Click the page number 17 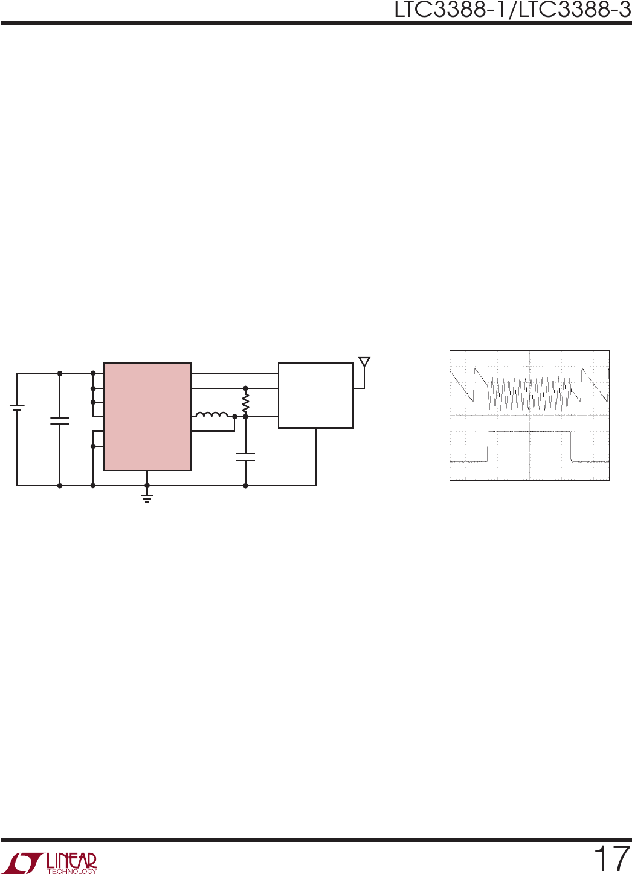[611, 858]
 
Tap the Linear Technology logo [53, 863]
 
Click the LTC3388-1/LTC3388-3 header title [512, 10]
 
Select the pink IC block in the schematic [147, 416]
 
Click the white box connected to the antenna [316, 395]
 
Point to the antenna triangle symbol [364, 362]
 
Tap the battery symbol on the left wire [17, 408]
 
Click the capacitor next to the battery [60, 420]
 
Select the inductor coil [211, 414]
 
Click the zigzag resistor [245, 404]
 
